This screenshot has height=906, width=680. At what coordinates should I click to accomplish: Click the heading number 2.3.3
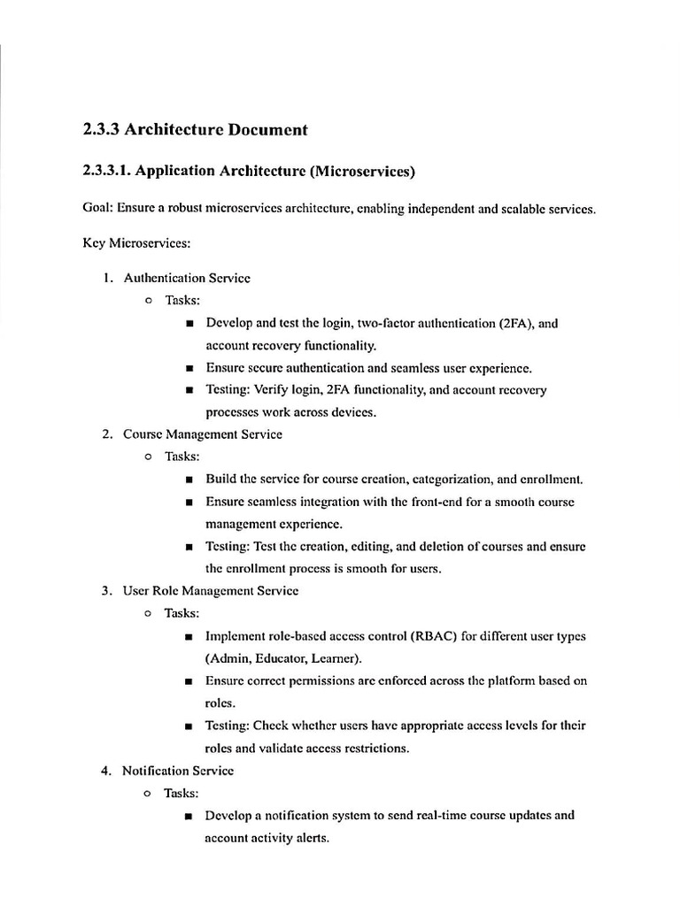pyautogui.click(x=100, y=130)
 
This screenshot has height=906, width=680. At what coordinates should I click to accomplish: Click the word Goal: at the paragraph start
pyautogui.click(x=97, y=210)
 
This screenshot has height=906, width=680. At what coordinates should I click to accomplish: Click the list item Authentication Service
pyautogui.click(x=187, y=278)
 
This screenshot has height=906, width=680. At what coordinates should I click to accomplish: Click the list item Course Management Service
pyautogui.click(x=203, y=434)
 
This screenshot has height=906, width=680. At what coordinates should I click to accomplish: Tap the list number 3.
pyautogui.click(x=105, y=590)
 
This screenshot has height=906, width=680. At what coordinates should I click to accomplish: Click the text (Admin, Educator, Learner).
pyautogui.click(x=283, y=658)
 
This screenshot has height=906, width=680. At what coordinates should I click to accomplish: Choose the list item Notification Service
pyautogui.click(x=178, y=771)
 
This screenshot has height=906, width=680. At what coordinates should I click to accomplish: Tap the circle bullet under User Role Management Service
pyautogui.click(x=148, y=613)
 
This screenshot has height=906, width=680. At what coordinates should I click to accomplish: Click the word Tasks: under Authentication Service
pyautogui.click(x=182, y=301)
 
